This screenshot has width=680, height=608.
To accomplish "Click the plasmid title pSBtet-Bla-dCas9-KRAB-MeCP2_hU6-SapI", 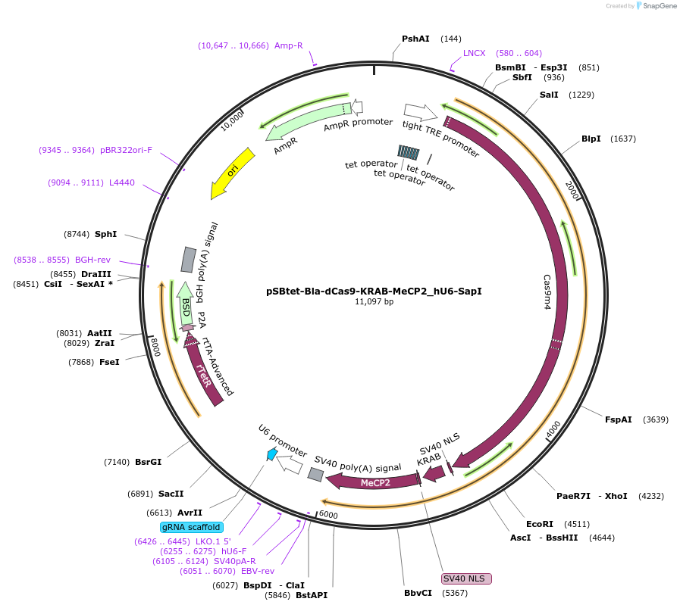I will pos(374,291).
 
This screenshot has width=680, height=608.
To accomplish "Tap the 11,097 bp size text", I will pos(374,301).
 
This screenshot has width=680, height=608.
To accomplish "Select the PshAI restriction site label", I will pos(415,39).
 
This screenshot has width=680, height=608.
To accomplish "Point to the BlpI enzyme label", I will pos(591,139).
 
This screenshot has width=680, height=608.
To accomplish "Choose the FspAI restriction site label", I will pos(618,419).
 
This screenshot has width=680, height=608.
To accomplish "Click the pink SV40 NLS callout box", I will pos(466,578).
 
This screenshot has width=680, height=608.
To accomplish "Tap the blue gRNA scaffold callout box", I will pos(191,527).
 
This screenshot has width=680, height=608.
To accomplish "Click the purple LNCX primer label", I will pos(474,53).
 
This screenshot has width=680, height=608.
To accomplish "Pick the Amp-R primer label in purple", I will pos(289,45).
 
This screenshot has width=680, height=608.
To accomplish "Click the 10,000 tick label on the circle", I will pos(232,120).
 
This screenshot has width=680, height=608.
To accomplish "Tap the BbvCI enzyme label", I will pos(418,593).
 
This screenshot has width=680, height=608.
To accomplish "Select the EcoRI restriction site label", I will pos(540,523).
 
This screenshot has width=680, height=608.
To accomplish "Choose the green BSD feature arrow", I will pos(185,305).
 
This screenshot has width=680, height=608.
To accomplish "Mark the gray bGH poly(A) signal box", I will pos(188,259).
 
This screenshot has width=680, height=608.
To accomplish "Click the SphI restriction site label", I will pos(105,235).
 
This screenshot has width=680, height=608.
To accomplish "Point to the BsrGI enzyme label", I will pos(148,462).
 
